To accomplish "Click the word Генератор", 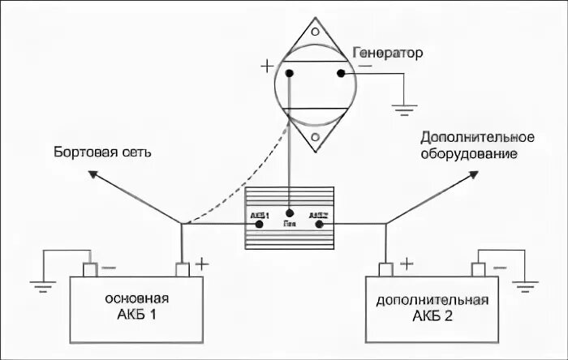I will (388, 54).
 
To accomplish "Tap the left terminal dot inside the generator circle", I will (290, 74).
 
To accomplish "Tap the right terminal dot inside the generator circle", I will (342, 74).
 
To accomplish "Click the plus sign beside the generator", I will (268, 64).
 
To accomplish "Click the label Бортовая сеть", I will (103, 152).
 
